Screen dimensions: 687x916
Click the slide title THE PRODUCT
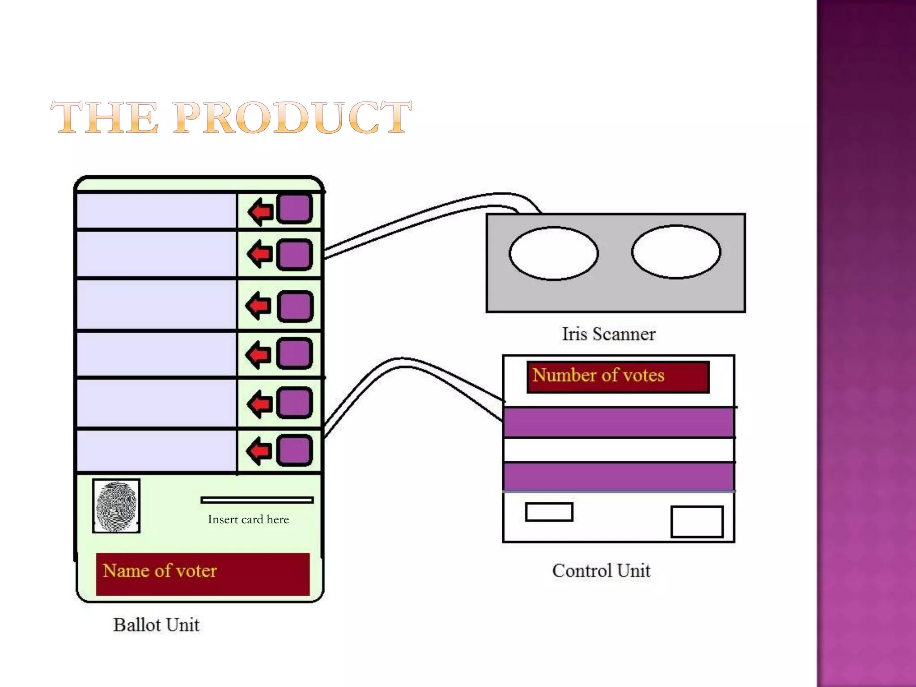(231, 117)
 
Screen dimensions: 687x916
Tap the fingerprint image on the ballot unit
(116, 506)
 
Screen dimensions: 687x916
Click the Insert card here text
(248, 519)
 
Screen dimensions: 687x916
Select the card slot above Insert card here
(257, 500)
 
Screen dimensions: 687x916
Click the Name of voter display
(203, 574)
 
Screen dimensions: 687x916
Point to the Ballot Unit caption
(156, 625)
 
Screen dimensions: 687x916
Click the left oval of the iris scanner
(553, 253)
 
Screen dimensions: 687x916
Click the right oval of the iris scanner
(676, 252)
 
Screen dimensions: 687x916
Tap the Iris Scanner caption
(608, 334)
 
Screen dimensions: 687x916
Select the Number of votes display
(618, 377)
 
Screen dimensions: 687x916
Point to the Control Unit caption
(601, 571)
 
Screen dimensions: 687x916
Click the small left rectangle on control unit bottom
(549, 512)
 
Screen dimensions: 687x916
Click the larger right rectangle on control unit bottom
(697, 522)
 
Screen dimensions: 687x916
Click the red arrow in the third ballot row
(259, 306)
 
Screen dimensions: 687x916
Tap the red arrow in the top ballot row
(261, 212)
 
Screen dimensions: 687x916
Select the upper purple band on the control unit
(618, 423)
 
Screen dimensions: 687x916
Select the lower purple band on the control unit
(618, 477)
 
